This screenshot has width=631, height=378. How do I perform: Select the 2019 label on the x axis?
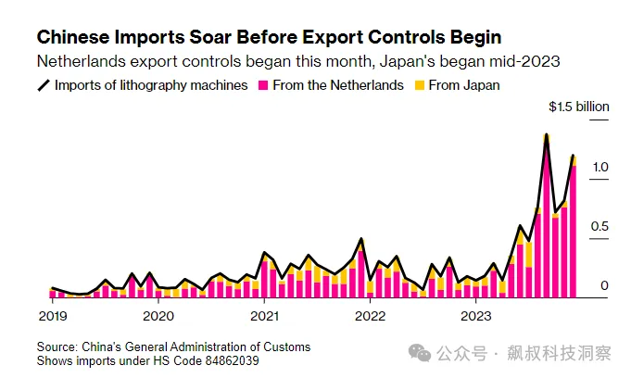[x=52, y=316]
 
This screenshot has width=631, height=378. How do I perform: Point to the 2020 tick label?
[x=158, y=316]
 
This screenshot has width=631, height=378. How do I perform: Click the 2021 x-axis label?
[x=265, y=316]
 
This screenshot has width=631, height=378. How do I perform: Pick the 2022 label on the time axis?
[x=371, y=316]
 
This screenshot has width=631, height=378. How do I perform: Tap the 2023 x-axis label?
[x=477, y=316]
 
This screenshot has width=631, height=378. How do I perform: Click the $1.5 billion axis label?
[x=578, y=107]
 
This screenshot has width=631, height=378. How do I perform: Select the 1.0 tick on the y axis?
[x=599, y=168]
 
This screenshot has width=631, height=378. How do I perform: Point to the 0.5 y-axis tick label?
[x=599, y=227]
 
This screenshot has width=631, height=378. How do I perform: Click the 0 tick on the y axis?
[x=603, y=285]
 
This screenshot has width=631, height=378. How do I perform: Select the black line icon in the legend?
[x=43, y=85]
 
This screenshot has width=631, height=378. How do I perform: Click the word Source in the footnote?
[x=57, y=346]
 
